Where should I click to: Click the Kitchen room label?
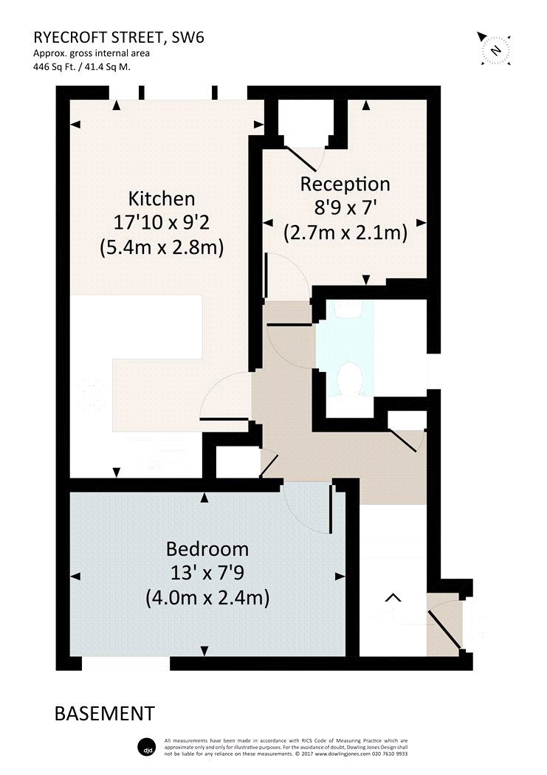tap(162, 199)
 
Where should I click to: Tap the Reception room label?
tap(345, 185)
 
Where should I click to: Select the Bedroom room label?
tap(207, 549)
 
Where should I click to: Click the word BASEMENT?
tap(105, 714)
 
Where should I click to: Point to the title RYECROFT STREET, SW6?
tap(119, 38)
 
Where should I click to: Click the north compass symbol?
tap(495, 49)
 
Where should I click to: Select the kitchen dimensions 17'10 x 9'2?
tap(162, 222)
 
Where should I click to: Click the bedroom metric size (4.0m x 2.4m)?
tap(207, 599)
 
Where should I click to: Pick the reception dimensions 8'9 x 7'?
tap(346, 208)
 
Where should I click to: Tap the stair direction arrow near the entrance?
tap(393, 598)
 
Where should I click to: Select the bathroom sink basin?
tap(349, 309)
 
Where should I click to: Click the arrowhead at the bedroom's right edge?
tap(340, 576)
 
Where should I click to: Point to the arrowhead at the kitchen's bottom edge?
tap(116, 472)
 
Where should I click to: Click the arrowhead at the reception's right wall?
tap(421, 223)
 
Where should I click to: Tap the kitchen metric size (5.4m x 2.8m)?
tap(162, 247)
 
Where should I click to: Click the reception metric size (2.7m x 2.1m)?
tap(345, 232)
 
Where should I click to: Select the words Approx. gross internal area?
tap(92, 53)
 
